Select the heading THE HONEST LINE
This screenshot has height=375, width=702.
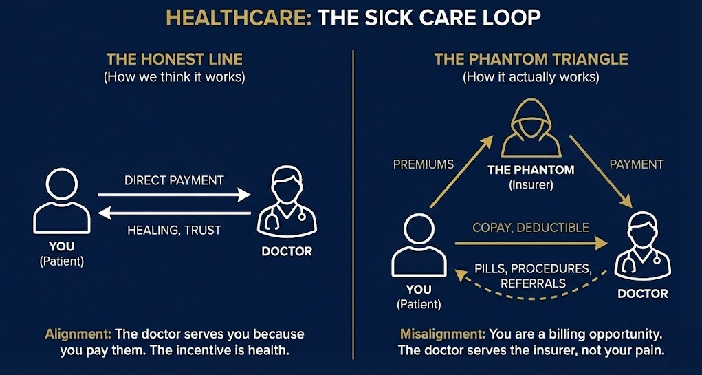(x=174, y=59)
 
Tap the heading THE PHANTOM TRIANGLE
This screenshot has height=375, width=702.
(x=531, y=59)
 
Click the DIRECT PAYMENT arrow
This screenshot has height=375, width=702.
(x=174, y=195)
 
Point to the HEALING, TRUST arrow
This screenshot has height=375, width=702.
(x=174, y=213)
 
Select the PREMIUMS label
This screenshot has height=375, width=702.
(x=424, y=164)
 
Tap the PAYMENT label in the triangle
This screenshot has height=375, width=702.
(x=637, y=164)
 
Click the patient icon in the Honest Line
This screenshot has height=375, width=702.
(x=62, y=203)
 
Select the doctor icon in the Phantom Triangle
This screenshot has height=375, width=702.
(x=642, y=246)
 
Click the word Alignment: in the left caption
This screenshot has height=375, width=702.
(x=78, y=334)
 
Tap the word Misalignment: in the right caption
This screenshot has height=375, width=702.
(x=442, y=334)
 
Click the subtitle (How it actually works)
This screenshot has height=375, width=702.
(x=531, y=76)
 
